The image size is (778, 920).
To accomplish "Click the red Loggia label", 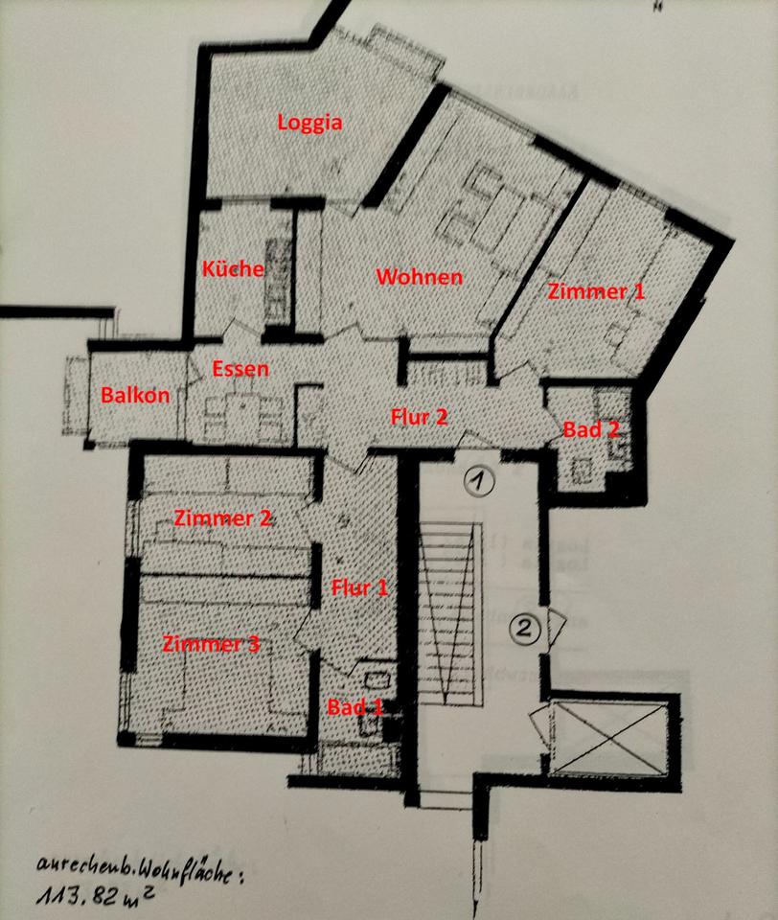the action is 309,123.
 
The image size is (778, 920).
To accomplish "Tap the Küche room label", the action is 232,269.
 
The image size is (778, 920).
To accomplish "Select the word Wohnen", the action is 420,277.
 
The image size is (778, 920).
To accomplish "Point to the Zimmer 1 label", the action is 596,292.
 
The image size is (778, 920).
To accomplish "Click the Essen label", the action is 240,368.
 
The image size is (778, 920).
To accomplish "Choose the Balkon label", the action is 135,395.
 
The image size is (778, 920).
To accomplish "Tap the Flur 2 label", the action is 420,417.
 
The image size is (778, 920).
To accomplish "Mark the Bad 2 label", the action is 591,429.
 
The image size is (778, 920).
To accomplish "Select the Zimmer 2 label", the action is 223,518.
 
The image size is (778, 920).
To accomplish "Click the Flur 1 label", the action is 359,587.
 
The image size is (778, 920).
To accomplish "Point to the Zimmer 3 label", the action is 211,644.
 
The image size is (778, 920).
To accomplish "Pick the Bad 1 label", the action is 355,707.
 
